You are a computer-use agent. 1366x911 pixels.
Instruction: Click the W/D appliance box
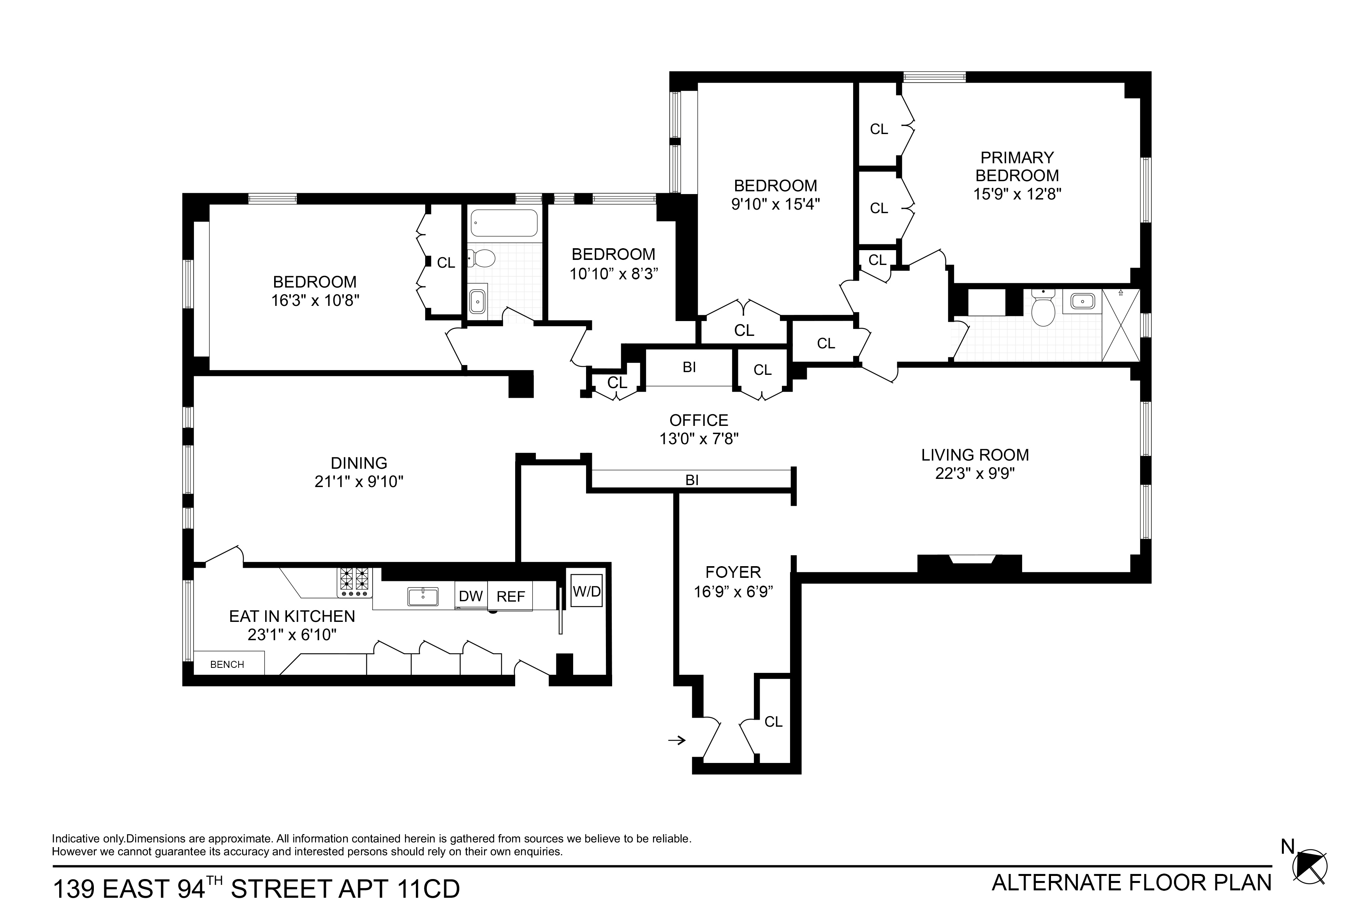586,590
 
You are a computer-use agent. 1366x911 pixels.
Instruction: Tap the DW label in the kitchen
471,596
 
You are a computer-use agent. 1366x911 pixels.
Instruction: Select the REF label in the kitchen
510,597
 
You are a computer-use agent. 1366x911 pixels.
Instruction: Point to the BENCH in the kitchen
227,664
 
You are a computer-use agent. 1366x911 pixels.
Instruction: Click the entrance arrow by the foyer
676,740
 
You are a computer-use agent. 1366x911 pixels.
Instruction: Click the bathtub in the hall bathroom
504,223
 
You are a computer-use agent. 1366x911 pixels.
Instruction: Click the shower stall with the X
1120,325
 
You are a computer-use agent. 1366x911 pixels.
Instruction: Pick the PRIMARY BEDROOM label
1017,166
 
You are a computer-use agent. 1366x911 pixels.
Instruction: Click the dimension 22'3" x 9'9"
975,473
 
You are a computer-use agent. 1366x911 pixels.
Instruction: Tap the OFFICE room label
699,420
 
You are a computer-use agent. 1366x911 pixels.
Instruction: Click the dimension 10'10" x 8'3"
614,274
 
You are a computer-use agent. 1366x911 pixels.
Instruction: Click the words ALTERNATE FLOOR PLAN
1132,883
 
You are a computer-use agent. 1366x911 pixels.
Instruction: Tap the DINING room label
359,463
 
